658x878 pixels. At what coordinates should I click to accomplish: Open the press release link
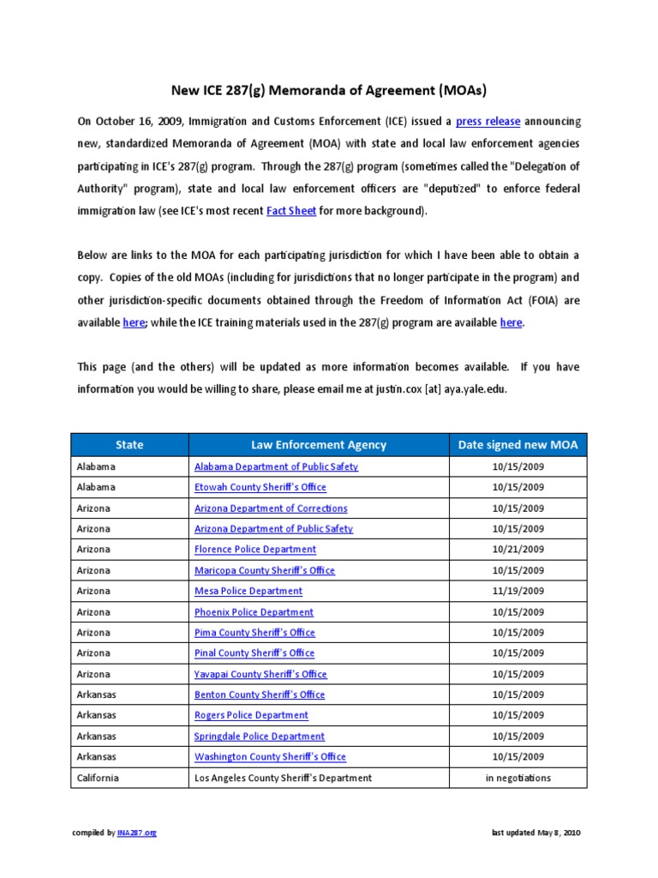[x=488, y=122]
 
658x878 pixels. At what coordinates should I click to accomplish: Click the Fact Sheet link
[x=291, y=211]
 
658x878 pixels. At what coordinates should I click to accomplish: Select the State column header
[x=129, y=444]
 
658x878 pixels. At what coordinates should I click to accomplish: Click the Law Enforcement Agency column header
[x=318, y=444]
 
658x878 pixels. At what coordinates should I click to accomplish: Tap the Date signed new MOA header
[x=517, y=444]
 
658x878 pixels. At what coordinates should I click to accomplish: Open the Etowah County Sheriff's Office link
[x=260, y=487]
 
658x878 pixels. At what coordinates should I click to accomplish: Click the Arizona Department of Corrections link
[x=271, y=508]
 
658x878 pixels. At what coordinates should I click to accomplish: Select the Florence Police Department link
[x=255, y=550]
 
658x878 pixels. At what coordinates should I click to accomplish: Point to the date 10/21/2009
[x=517, y=550]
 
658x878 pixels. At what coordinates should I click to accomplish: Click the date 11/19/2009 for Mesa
[x=517, y=591]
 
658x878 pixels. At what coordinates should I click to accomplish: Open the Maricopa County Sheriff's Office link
[x=265, y=570]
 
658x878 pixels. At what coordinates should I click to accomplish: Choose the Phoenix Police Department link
[x=254, y=612]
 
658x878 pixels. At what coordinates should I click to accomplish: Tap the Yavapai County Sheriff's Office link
[x=260, y=674]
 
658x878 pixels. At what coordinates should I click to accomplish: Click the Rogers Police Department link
[x=251, y=715]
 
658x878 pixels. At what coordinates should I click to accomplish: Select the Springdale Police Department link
[x=260, y=737]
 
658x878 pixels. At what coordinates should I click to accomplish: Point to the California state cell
[x=99, y=778]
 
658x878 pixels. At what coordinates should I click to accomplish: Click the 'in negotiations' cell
[x=517, y=778]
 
